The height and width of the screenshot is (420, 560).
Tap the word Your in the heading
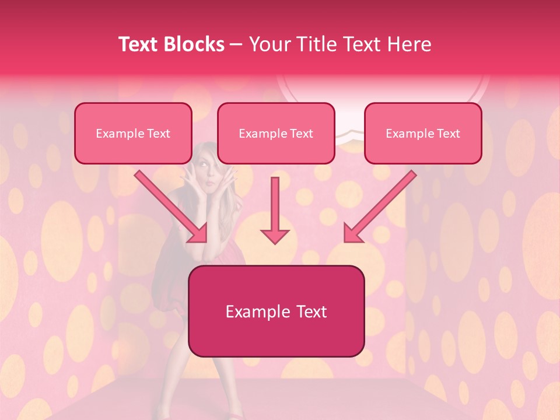pyautogui.click(x=267, y=44)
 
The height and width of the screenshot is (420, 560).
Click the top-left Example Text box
pyautogui.click(x=133, y=133)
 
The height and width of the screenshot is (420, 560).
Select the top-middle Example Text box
pyautogui.click(x=276, y=133)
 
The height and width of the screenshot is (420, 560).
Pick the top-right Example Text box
pyautogui.click(x=423, y=133)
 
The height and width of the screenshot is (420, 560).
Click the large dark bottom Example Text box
pyautogui.click(x=276, y=311)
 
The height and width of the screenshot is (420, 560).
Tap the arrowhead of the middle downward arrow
pyautogui.click(x=275, y=235)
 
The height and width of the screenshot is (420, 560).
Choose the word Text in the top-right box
pyautogui.click(x=448, y=134)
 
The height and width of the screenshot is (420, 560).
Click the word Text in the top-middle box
pyautogui.click(x=301, y=134)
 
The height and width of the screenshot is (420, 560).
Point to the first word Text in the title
pyautogui.click(x=140, y=44)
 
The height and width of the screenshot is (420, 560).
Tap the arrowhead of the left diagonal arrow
pyautogui.click(x=198, y=233)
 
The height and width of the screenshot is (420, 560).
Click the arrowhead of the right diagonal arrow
pyautogui.click(x=352, y=233)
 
